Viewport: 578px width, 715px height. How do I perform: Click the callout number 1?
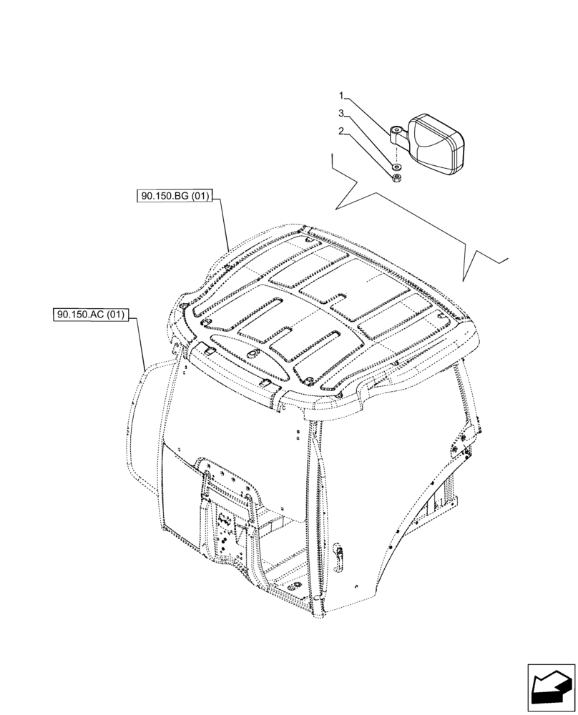click(x=342, y=95)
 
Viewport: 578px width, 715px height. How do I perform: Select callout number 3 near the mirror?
click(x=342, y=113)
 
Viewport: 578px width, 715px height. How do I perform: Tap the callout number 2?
click(x=342, y=131)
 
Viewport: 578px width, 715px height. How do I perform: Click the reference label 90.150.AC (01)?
click(x=90, y=314)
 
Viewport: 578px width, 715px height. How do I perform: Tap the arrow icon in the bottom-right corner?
click(x=552, y=689)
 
